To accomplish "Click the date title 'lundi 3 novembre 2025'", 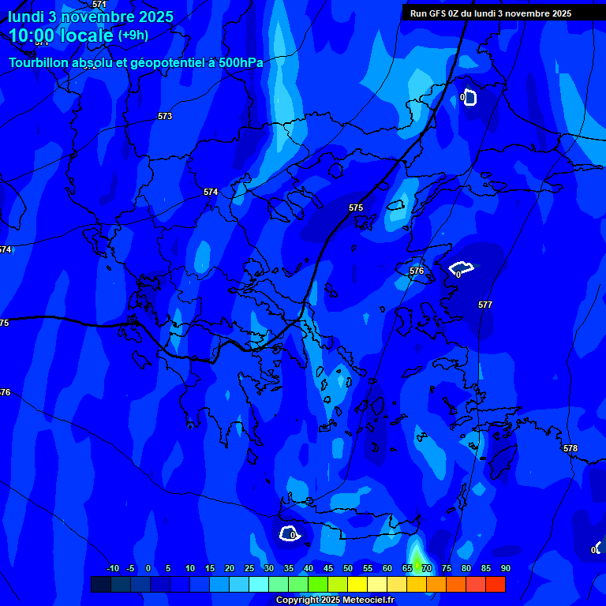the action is (91, 17).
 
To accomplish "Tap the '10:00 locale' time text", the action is (61, 36).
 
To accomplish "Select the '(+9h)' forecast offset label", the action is (133, 35).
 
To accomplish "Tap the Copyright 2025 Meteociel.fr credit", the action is (335, 600).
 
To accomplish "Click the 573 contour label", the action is (164, 116).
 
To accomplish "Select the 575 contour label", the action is (356, 208).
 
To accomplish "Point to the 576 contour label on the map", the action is (417, 271).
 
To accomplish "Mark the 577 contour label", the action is (485, 305).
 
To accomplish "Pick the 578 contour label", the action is (570, 448).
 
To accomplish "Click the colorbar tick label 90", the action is (505, 568).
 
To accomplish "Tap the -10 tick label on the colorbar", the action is (112, 568).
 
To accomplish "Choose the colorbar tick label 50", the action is (348, 568).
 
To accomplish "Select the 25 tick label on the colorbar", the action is (249, 568).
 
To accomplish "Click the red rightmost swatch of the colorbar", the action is (496, 585).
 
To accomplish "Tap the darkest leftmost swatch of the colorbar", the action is (100, 585).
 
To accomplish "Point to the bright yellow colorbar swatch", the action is (357, 585).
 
